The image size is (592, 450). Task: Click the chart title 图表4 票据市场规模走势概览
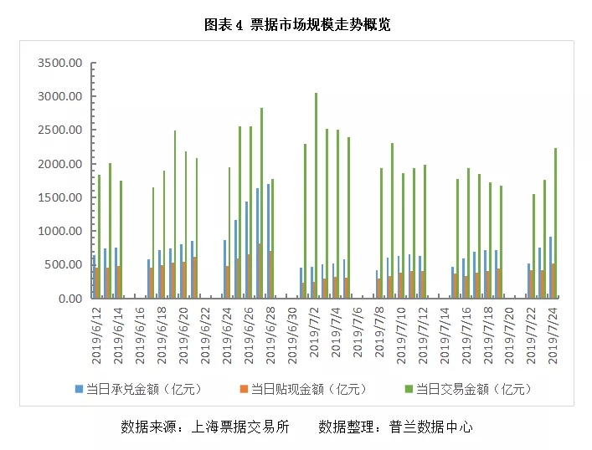coord(297,25)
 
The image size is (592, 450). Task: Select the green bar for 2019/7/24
coord(555,222)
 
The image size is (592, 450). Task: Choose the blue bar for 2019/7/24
coord(550,267)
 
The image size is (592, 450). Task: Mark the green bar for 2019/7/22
coord(533,246)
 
